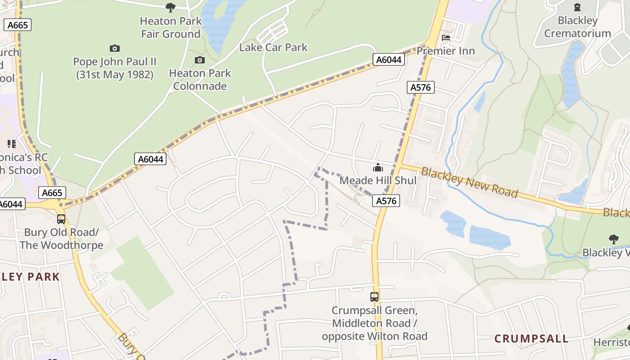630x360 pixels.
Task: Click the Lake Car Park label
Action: (273, 47)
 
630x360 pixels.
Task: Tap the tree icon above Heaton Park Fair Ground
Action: (170, 7)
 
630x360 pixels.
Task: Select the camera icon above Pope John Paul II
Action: (115, 48)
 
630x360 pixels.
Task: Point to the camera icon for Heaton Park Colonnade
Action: (199, 60)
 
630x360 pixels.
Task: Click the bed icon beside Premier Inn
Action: (446, 38)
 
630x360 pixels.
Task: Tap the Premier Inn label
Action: (445, 51)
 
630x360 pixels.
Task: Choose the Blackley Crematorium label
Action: (577, 27)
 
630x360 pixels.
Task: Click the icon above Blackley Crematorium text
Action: (577, 7)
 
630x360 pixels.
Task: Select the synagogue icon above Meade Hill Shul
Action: (378, 168)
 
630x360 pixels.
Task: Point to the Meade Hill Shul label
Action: (378, 180)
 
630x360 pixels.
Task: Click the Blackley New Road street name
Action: (469, 183)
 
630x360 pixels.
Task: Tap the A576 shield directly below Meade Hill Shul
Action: (387, 201)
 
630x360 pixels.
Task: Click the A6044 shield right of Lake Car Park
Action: (388, 60)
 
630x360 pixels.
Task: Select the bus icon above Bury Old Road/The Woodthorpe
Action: (61, 219)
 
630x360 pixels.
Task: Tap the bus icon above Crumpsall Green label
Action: (374, 297)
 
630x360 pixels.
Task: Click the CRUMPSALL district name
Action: (531, 338)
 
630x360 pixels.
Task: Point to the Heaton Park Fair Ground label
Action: (171, 27)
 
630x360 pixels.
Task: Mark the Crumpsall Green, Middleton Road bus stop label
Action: (374, 323)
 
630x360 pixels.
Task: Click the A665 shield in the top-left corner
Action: (18, 25)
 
